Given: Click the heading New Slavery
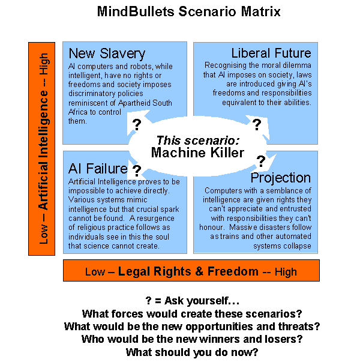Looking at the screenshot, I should coord(107,53).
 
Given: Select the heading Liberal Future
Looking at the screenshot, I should coord(271,53).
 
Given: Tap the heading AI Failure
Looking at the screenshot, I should coord(97,169).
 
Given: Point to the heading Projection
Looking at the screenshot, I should coord(281,178).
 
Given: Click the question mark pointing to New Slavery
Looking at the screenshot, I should coord(136,124).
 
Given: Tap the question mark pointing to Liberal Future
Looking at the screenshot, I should coord(256,124).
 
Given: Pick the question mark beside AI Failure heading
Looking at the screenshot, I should coord(136,170).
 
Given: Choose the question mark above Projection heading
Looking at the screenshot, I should coord(261,160).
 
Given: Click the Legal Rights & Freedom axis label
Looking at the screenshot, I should coord(191,271).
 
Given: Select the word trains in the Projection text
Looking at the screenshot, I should coord(252,237).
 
